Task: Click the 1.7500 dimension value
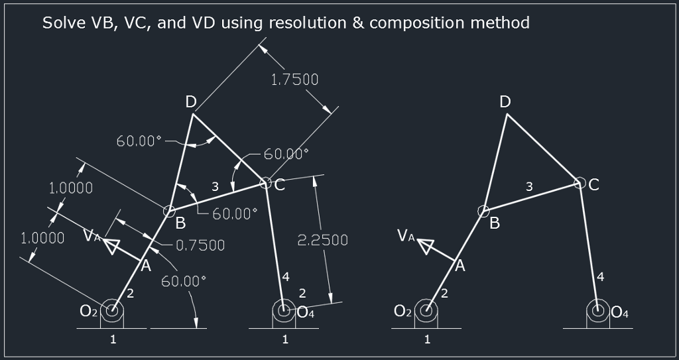click(x=294, y=80)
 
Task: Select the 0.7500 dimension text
click(x=200, y=245)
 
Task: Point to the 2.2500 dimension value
click(x=322, y=240)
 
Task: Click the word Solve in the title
click(x=63, y=23)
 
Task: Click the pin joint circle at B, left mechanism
click(x=170, y=211)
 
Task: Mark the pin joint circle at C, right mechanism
click(x=579, y=182)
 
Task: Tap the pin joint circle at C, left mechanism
click(x=265, y=182)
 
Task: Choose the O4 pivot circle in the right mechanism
click(x=599, y=310)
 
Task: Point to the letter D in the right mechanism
click(x=505, y=101)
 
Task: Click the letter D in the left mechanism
click(x=191, y=101)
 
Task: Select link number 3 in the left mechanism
click(x=215, y=187)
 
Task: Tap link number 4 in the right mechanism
click(x=600, y=277)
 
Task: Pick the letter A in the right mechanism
click(x=460, y=266)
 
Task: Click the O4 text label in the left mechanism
click(x=306, y=312)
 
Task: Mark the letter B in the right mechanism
click(x=495, y=223)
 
